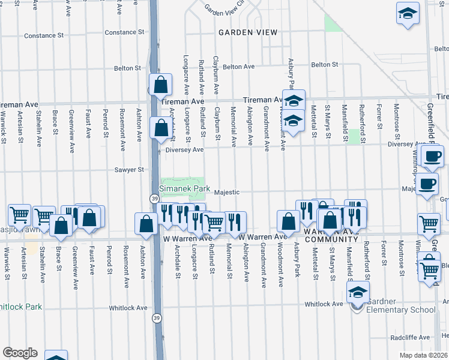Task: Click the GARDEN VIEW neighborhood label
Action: pos(247,32)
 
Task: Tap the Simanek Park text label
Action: pos(184,188)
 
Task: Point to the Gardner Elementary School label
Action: pos(401,305)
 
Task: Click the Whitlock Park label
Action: pos(21,307)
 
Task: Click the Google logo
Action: pos(20,352)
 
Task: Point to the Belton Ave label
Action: pos(239,67)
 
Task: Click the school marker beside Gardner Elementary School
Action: pos(357,293)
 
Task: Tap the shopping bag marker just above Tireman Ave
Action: pos(161,85)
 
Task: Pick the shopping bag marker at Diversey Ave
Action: pos(161,128)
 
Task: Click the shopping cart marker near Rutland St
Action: pos(214,223)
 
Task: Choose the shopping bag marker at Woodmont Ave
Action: pos(289,221)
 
